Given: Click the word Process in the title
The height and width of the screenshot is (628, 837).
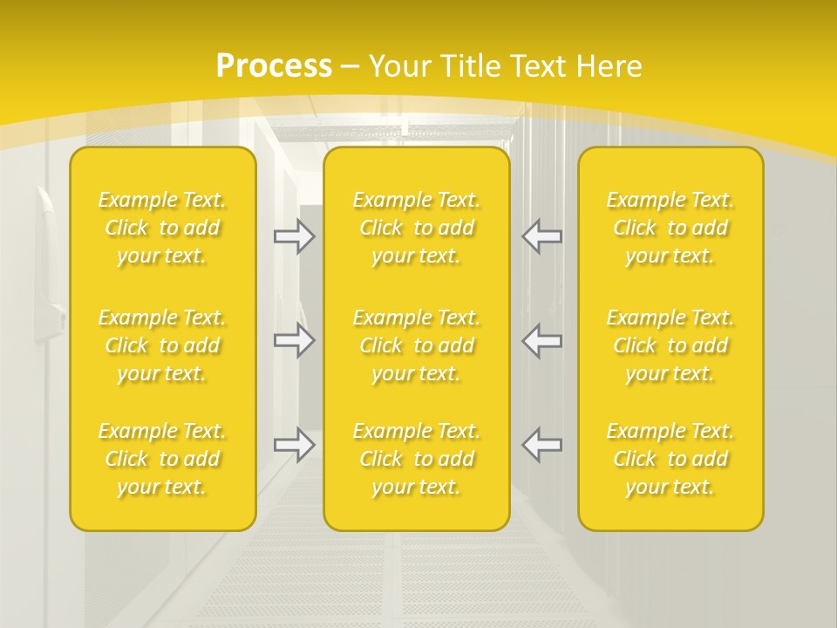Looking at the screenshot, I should (274, 66).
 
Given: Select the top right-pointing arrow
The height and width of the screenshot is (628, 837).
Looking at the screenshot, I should (295, 235).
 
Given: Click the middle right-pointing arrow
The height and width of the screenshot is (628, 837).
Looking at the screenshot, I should (295, 340).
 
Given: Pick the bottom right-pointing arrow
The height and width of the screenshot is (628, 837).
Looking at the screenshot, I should (295, 445).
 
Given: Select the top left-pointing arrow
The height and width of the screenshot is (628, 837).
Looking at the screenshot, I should (542, 235).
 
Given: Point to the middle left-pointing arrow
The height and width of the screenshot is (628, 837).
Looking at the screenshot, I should (542, 340).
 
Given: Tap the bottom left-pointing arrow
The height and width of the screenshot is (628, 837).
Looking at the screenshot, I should (542, 445).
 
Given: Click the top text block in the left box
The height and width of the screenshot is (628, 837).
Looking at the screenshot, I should (162, 228).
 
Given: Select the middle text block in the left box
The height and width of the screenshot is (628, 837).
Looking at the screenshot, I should (162, 345).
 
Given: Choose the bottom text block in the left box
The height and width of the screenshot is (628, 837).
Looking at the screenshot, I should (162, 459).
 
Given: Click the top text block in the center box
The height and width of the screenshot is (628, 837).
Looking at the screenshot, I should (417, 228).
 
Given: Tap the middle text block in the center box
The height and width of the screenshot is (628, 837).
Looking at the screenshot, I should (417, 345).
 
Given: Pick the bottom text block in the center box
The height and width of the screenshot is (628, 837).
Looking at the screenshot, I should (417, 459).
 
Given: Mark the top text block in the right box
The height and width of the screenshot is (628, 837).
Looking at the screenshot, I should (670, 228).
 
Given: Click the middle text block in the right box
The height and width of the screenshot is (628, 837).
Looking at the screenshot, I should (670, 345).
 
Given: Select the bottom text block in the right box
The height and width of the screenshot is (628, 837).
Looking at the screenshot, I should (670, 459).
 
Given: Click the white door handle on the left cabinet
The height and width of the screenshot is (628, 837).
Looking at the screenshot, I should (48, 262).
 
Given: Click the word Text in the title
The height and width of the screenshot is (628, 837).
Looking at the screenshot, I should (538, 66).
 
